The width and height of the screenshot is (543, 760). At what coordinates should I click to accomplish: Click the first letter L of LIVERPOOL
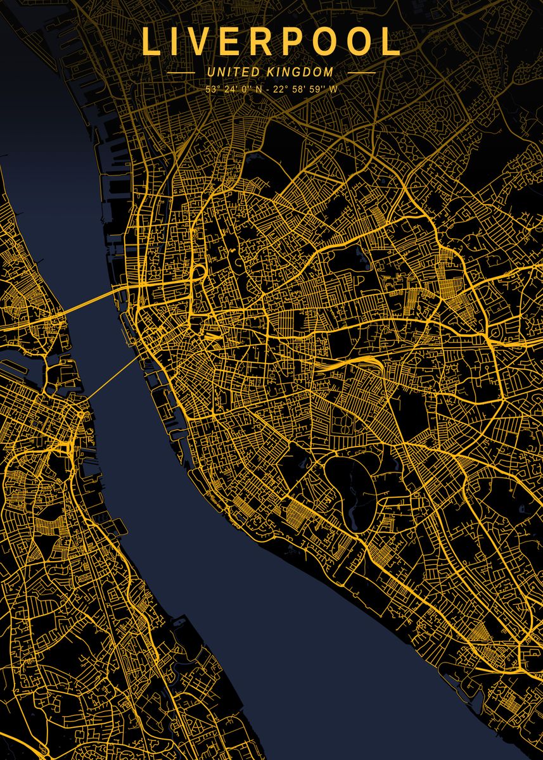point(150,42)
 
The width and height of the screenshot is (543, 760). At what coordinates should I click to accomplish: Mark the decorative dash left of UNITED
point(181,73)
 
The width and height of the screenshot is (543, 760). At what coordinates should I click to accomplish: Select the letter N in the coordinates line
point(257,89)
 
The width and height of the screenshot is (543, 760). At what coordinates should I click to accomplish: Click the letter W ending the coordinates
point(333,89)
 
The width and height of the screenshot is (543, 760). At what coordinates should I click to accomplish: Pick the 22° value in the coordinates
point(281,89)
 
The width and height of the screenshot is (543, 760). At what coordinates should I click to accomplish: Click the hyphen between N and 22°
point(267,89)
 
